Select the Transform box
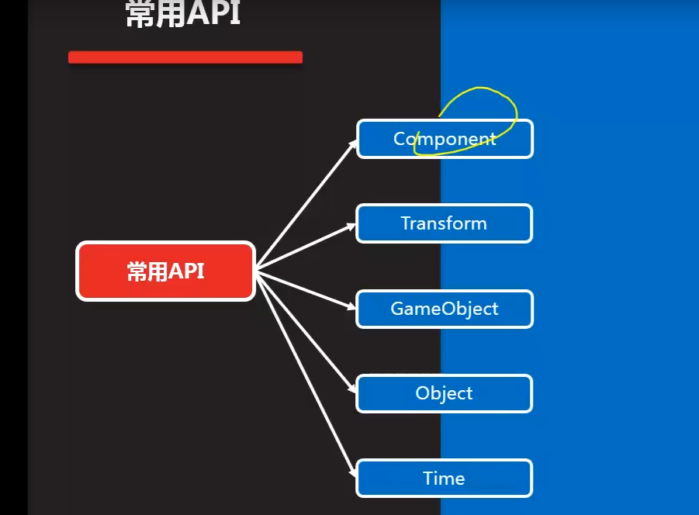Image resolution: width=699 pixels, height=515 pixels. (x=444, y=223)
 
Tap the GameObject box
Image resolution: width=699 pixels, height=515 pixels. (x=444, y=309)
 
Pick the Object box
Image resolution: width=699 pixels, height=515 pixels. (x=444, y=393)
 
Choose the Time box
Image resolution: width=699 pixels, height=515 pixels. (x=444, y=478)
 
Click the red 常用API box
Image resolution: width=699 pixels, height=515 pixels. (x=165, y=271)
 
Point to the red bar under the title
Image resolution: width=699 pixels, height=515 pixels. (x=185, y=57)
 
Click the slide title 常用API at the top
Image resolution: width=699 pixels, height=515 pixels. (x=183, y=14)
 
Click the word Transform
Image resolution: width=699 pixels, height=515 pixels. (x=444, y=223)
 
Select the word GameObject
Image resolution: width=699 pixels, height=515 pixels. (x=444, y=309)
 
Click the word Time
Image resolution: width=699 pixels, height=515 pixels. (x=444, y=478)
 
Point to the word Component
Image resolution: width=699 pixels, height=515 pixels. (x=445, y=139)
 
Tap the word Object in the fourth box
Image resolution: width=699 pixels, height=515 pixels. (x=444, y=393)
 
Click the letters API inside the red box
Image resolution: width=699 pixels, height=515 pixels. (x=186, y=271)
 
